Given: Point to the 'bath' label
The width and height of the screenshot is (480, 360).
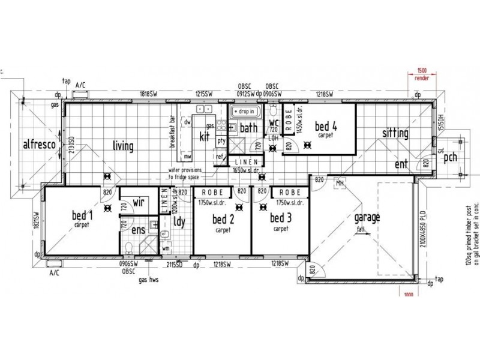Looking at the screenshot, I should pos(248,128).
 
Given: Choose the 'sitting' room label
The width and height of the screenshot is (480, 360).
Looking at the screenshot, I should pos(394,133).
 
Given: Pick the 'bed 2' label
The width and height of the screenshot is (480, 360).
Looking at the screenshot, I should pos(223,220).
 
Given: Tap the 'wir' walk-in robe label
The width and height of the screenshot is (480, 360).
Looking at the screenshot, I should pos(139,203).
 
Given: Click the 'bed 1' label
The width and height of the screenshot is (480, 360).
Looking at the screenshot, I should pos(82,215).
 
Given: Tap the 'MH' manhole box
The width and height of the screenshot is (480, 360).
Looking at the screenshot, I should pos(339,182).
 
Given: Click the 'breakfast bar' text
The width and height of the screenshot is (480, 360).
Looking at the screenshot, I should pos(172,133).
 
